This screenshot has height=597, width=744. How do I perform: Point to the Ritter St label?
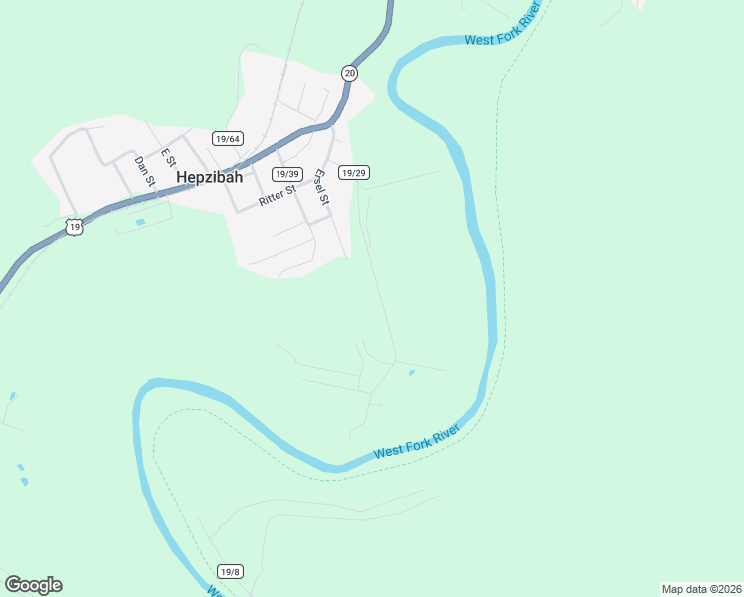278,194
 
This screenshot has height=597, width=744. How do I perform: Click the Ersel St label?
320,186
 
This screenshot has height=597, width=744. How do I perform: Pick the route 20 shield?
349,73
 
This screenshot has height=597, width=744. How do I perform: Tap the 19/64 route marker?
228,139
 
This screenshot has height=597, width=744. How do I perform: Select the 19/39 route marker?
287,174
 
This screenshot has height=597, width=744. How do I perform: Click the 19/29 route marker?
354,172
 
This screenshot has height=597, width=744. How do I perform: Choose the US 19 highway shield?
75,227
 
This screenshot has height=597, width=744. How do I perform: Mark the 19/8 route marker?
230,571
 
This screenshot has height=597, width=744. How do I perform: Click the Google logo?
33,585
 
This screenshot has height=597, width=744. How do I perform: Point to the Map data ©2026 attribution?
701,589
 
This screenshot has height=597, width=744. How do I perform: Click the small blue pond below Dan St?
140,221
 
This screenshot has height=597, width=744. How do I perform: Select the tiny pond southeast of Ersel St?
411,374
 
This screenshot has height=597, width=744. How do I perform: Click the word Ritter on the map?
272,197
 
